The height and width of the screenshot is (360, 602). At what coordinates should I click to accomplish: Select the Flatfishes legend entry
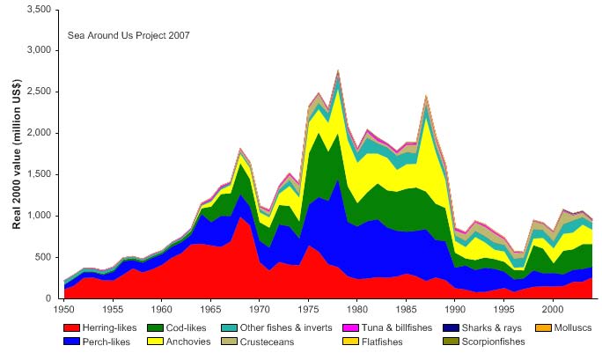(x=389, y=342)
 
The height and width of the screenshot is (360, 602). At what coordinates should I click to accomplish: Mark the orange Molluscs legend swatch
(x=543, y=327)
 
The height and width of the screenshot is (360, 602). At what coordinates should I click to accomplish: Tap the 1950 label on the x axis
(x=64, y=310)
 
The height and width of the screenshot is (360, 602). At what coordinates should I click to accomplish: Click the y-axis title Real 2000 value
(x=17, y=154)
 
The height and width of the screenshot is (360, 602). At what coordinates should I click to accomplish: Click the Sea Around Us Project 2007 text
(x=128, y=36)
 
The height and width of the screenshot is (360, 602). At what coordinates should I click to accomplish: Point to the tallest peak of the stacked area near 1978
(x=338, y=71)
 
